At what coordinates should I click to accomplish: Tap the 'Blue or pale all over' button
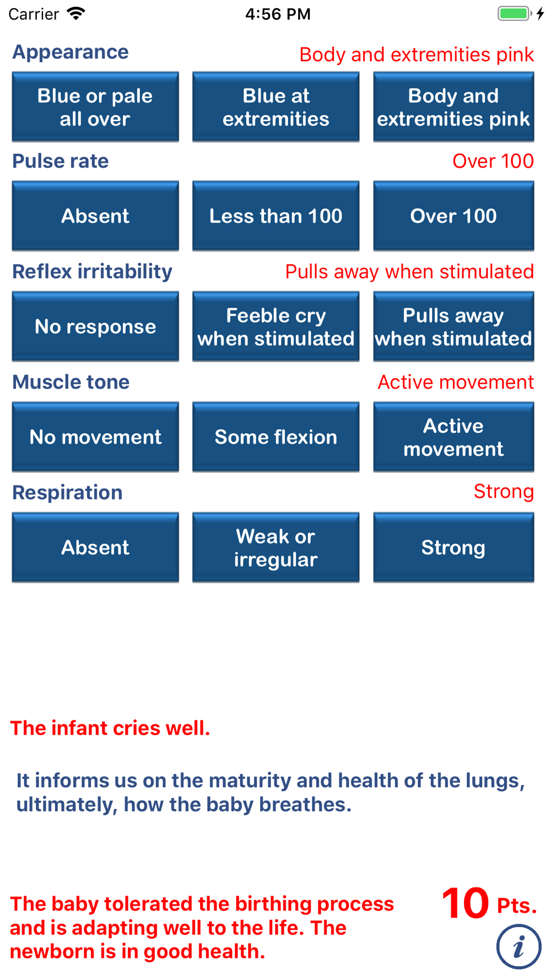(95, 107)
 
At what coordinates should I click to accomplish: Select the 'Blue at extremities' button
(275, 107)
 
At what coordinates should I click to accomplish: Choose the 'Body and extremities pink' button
(453, 107)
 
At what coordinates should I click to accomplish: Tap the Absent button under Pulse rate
(95, 216)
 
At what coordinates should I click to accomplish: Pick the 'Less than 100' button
(275, 216)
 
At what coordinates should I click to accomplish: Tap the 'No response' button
(95, 326)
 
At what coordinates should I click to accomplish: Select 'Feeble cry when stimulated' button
(275, 326)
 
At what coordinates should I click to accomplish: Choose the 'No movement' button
(95, 437)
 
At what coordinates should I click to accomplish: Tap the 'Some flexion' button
(275, 437)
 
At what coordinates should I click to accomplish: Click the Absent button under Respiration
(95, 547)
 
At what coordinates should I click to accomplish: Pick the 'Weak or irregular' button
(275, 547)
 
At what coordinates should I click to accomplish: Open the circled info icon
(518, 947)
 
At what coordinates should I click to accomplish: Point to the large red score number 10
(466, 904)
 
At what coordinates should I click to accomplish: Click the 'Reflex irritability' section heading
(92, 272)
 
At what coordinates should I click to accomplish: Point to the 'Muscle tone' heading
(71, 382)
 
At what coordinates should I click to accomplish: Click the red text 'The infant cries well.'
(110, 728)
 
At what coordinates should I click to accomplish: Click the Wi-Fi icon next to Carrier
(76, 13)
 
